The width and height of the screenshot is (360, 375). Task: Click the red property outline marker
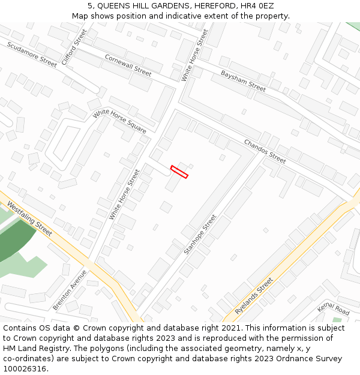[179, 172]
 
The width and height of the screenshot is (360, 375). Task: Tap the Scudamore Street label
[32, 53]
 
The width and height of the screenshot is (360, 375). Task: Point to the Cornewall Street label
[128, 65]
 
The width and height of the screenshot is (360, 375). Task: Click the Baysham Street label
[243, 81]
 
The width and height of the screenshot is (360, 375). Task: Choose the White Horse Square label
[119, 122]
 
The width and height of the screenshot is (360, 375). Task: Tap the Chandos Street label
[265, 151]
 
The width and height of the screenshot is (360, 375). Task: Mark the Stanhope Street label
[200, 234]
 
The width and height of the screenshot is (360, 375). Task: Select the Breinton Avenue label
[70, 290]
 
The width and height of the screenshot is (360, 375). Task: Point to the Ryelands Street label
[254, 296]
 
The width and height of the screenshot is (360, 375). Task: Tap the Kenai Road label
[334, 310]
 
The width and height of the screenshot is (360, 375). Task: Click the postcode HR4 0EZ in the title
[259, 6]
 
